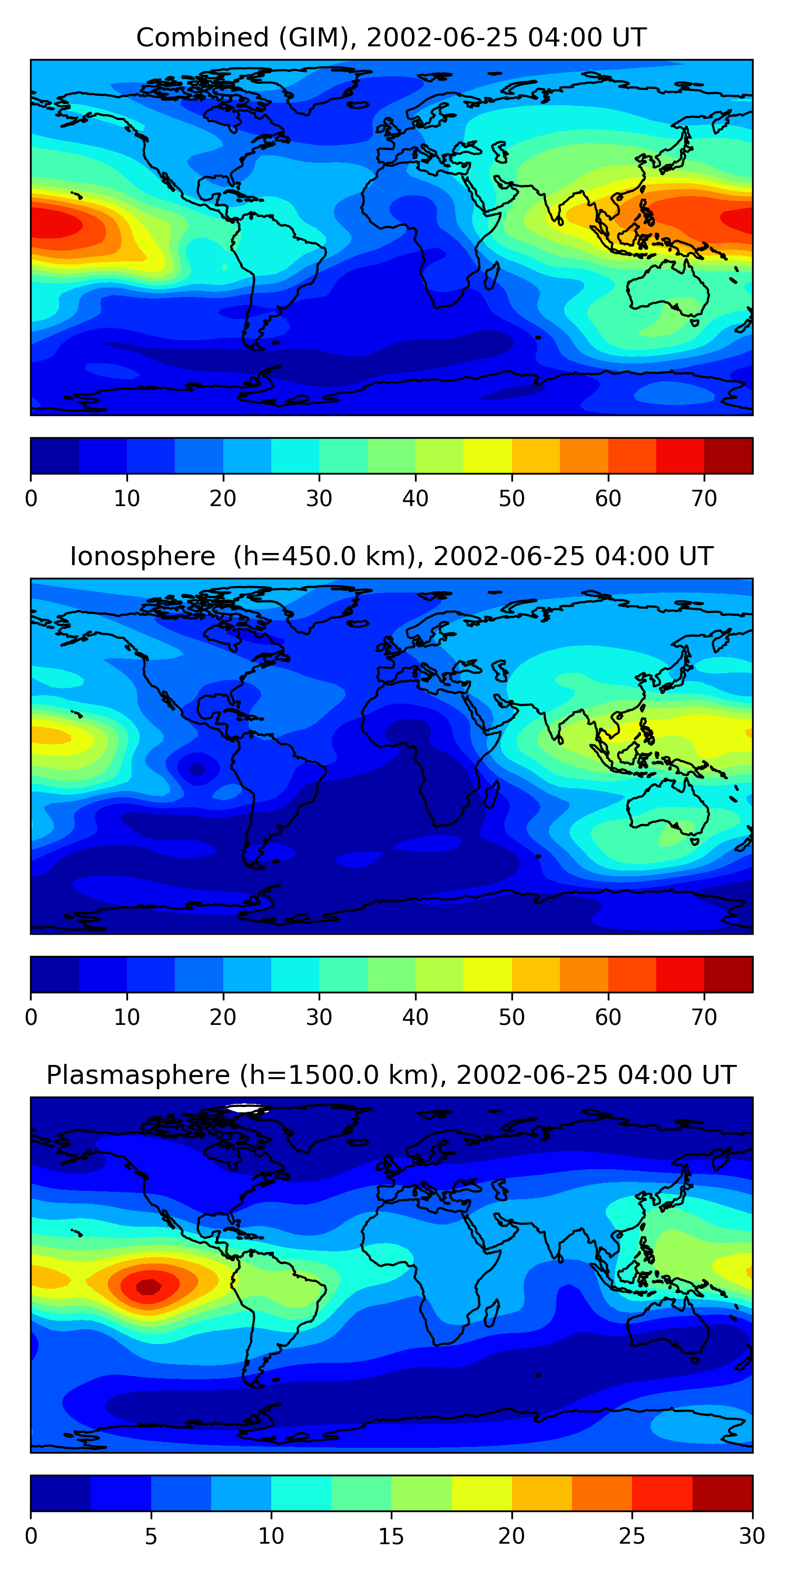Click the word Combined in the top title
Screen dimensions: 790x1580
202,37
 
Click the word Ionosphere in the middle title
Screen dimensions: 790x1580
142,556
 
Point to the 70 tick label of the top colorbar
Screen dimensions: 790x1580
704,499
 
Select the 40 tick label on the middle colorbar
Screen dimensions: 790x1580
415,1018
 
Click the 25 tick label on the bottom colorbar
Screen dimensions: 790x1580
632,1536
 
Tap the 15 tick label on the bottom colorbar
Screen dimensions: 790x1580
391,1536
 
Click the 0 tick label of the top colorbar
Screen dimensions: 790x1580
31,499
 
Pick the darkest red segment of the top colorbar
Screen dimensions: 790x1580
728,456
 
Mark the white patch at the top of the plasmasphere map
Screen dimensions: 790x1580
247,1108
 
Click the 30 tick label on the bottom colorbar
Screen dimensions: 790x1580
752,1536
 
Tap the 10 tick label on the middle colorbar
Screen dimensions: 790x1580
127,1018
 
